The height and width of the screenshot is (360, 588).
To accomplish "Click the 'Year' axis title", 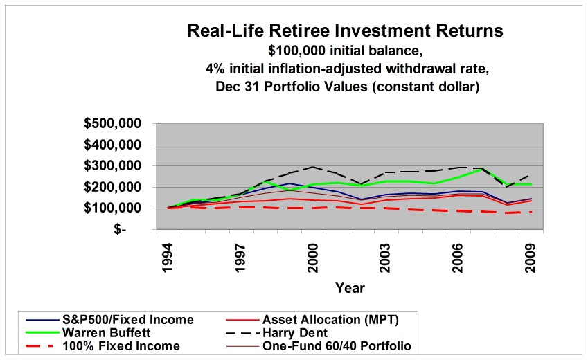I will point(350,287).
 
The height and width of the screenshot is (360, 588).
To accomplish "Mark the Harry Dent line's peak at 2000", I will point(313,167).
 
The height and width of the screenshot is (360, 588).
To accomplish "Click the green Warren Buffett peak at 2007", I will point(483,169).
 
